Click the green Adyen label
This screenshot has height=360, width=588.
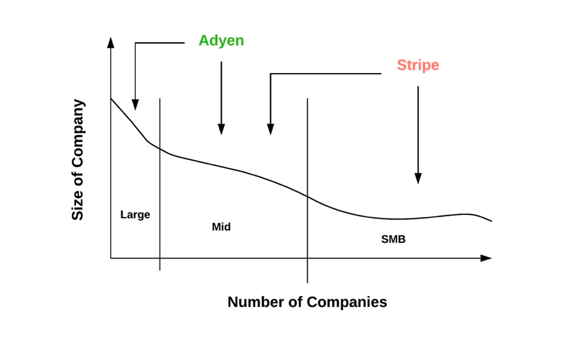221,41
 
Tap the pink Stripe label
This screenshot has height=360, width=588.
418,66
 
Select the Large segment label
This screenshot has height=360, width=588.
135,215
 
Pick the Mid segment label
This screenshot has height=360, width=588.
221,227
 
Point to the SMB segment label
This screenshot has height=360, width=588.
393,239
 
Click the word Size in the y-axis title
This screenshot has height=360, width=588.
77,205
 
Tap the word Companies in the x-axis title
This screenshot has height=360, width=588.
347,302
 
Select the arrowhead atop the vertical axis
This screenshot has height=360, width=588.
111,42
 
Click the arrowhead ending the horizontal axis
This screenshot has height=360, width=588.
486,258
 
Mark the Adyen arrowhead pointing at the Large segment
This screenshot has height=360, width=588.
135,105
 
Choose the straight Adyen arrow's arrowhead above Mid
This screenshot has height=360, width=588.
221,129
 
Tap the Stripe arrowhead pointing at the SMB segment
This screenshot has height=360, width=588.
418,179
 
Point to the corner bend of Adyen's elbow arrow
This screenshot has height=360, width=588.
135,43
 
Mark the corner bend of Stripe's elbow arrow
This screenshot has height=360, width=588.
270,74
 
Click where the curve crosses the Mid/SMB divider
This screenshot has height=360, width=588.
307,196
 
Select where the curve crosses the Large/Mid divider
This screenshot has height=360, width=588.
160,149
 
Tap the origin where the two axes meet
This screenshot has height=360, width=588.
111,258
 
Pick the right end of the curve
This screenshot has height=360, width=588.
491,221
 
